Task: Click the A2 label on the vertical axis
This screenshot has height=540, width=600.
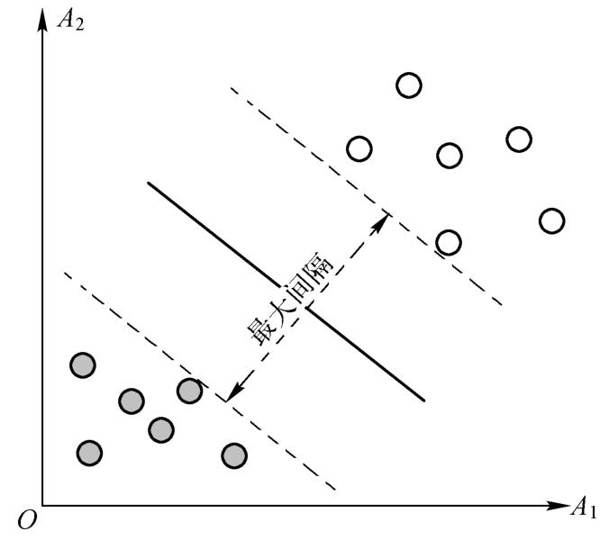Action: [x=71, y=19]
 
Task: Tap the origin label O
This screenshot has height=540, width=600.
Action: [x=23, y=520]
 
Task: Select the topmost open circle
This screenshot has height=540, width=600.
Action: [x=408, y=85]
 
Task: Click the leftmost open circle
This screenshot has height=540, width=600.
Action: [x=359, y=148]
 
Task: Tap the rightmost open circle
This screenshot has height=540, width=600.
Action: [x=551, y=220]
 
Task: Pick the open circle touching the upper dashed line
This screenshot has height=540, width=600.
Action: [x=448, y=242]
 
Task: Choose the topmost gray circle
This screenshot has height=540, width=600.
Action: [x=83, y=364]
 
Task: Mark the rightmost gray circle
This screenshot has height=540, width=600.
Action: [x=234, y=455]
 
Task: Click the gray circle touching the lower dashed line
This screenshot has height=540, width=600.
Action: [x=189, y=391]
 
